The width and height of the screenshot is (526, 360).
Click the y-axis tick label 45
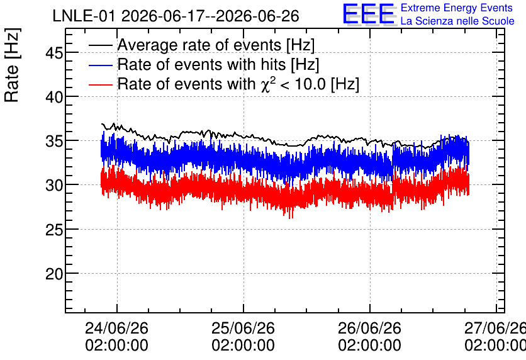(x=54, y=53)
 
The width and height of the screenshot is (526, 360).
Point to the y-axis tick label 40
(x=54, y=97)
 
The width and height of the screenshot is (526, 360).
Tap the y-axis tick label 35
(x=54, y=141)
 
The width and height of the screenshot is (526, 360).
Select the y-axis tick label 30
(x=54, y=185)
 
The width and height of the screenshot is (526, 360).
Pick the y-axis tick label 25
(x=54, y=230)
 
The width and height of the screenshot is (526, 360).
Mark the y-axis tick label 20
(x=54, y=274)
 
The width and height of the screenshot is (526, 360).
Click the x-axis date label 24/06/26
(x=116, y=328)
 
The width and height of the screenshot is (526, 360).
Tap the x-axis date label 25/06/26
(x=243, y=328)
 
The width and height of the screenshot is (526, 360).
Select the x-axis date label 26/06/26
(x=369, y=328)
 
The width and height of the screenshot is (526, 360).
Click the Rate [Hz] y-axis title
(x=12, y=65)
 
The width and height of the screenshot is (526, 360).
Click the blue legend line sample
(x=101, y=65)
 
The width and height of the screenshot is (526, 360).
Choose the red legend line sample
(x=101, y=84)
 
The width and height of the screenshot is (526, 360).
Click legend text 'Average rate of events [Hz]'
(x=216, y=45)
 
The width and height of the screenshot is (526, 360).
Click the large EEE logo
(x=369, y=14)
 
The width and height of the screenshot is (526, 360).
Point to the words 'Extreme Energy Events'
(x=457, y=8)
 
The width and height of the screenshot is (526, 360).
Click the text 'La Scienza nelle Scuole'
(x=457, y=21)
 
